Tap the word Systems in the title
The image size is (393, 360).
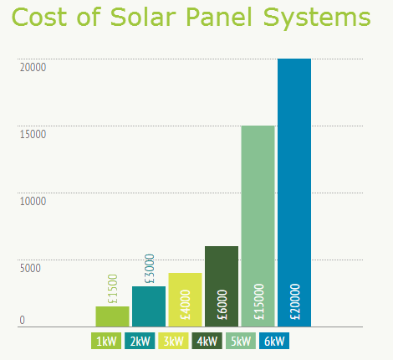(x=317, y=19)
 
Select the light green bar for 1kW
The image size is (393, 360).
(x=112, y=316)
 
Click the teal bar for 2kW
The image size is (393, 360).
(x=149, y=306)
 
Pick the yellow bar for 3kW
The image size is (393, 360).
(x=185, y=300)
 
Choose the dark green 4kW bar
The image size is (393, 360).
(x=222, y=286)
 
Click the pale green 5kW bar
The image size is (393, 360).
(x=258, y=226)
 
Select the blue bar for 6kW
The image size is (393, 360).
(x=294, y=193)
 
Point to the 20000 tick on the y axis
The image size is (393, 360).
(x=33, y=68)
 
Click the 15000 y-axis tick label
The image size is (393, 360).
(x=33, y=135)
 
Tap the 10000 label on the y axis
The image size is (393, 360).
(x=33, y=202)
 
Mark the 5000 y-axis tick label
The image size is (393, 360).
(x=30, y=269)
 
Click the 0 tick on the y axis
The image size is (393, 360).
(x=23, y=321)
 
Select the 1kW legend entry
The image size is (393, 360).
(x=106, y=341)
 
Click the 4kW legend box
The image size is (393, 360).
(x=207, y=341)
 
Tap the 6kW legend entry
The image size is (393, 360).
(x=274, y=341)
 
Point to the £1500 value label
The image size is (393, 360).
(x=113, y=289)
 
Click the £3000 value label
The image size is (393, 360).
(x=150, y=269)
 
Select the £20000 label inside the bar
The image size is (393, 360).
(x=295, y=301)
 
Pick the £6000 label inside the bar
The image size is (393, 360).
(x=222, y=305)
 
